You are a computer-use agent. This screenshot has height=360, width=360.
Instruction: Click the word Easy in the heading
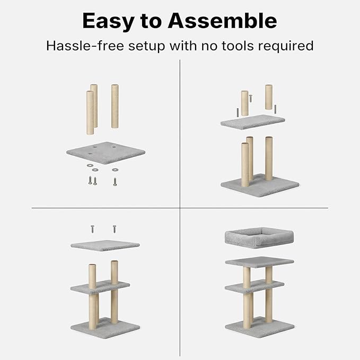pyautogui.click(x=108, y=21)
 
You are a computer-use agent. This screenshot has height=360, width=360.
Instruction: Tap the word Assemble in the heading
pyautogui.click(x=223, y=21)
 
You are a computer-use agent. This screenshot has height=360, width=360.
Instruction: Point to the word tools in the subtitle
pyautogui.click(x=238, y=46)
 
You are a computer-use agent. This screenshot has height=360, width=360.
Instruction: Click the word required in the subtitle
pyautogui.click(x=286, y=46)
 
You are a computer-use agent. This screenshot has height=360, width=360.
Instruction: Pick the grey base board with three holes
pyautogui.click(x=106, y=153)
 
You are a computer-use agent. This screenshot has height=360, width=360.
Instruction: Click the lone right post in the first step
pyautogui.click(x=115, y=106)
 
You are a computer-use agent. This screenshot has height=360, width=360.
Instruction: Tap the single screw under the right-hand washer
pyautogui.click(x=115, y=182)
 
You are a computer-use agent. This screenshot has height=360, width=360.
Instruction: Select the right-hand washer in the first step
pyautogui.click(x=115, y=170)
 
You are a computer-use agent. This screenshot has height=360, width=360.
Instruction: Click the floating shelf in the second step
pyautogui.click(x=253, y=122)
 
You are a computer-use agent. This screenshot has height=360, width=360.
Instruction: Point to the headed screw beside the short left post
pyautogui.click(x=251, y=98)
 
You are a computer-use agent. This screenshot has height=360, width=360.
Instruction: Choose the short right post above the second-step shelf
pyautogui.click(x=269, y=97)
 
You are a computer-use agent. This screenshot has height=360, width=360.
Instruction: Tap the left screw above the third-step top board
pyautogui.click(x=93, y=229)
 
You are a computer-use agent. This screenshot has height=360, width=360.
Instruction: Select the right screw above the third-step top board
pyautogui.click(x=115, y=229)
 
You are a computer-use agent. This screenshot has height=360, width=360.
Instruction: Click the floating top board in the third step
pyautogui.click(x=105, y=245)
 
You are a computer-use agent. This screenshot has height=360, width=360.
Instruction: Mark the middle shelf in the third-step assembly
pyautogui.click(x=100, y=287)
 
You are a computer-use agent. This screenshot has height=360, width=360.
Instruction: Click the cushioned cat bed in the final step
pyautogui.click(x=259, y=238)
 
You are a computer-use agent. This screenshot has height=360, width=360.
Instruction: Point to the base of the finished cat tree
pyautogui.click(x=260, y=327)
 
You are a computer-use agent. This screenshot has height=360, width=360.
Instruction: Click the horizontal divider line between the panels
pyautogui.click(x=180, y=208)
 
